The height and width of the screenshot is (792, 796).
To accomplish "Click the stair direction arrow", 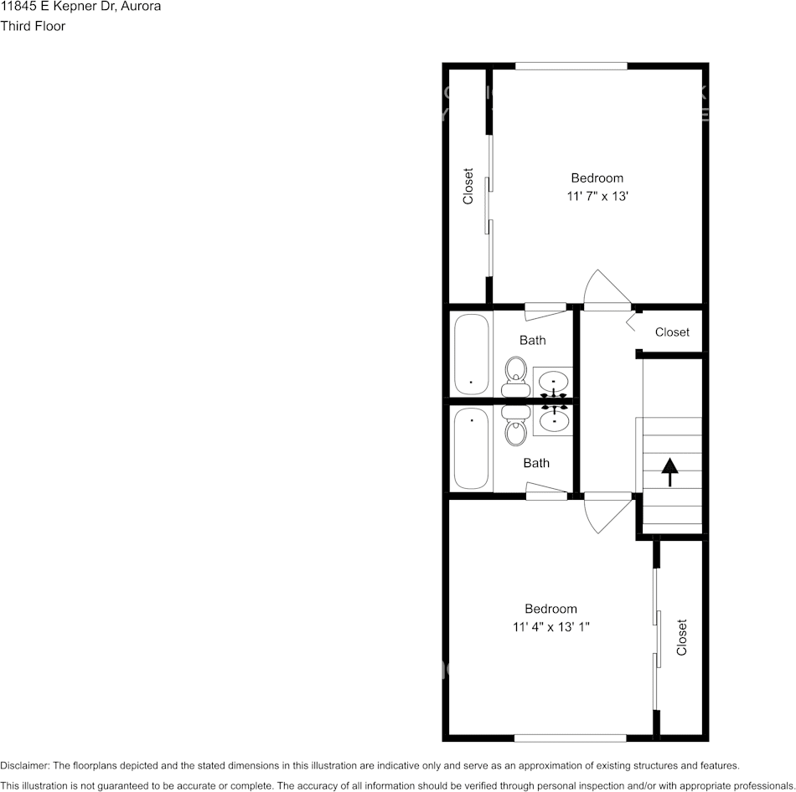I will coord(669,471).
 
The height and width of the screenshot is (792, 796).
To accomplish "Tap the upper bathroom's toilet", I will coord(515,376).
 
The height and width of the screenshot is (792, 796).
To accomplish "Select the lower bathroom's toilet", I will coord(515,426).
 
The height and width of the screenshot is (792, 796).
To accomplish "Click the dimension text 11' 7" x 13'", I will coord(597,197).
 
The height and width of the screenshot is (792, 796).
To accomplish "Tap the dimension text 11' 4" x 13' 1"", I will coord(551,627).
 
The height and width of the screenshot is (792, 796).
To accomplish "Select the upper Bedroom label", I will coord(597,178).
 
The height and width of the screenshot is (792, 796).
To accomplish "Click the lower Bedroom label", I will coord(550,609).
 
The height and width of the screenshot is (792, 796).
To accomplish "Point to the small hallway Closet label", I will coord(672,332).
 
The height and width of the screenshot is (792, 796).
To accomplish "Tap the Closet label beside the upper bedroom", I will coord(468,186).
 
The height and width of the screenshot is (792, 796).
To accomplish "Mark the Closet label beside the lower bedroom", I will coord(681,637).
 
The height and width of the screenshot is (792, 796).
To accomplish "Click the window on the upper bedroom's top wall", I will coord(571,66).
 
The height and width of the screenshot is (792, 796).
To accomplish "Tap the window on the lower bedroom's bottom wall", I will coord(570,738).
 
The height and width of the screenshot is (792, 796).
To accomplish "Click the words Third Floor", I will coord(33,26).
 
